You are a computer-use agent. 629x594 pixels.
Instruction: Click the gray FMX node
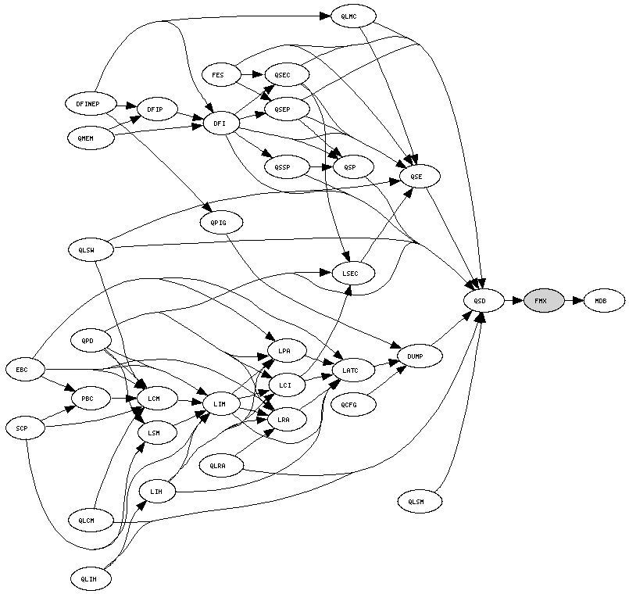[x=544, y=300]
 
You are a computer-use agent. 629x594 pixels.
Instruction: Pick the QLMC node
[x=353, y=16]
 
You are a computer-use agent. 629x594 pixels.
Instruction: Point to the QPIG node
[x=220, y=223]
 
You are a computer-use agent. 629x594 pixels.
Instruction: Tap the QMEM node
[x=91, y=138]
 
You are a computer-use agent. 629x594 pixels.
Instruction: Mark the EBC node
[x=25, y=369]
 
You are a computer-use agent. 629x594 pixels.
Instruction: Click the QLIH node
[x=91, y=579]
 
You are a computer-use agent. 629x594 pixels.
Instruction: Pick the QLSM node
[x=420, y=501]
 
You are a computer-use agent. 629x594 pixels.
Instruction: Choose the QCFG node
[x=353, y=404]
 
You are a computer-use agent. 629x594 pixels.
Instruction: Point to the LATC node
[x=353, y=369]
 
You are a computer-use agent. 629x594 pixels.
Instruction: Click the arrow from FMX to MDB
[x=574, y=300]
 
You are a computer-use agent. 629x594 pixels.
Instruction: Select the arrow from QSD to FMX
[x=514, y=300]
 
